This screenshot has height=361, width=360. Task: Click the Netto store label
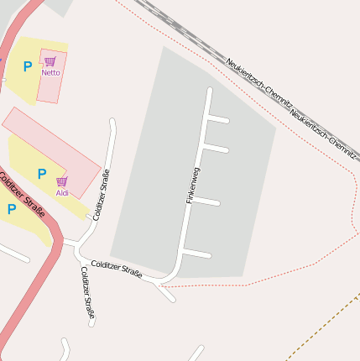50,72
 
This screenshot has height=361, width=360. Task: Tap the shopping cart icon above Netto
50,61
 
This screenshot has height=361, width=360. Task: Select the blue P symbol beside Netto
28,66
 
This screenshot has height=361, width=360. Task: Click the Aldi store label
62,193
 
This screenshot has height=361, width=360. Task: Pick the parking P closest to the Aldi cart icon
41,174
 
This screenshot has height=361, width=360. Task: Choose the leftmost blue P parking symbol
12,209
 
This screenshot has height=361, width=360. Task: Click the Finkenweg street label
193,186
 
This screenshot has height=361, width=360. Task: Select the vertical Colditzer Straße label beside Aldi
102,195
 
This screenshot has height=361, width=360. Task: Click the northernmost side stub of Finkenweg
218,119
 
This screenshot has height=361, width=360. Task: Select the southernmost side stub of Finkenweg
196,254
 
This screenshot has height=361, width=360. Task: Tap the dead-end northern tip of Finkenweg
210,90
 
